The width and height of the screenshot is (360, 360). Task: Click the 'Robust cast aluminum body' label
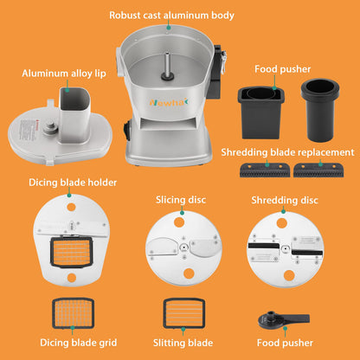[171, 16]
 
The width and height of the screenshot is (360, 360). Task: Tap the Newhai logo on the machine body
[169, 102]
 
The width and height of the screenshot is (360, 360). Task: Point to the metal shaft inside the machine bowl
[167, 65]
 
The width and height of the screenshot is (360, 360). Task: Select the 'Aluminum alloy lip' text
[64, 74]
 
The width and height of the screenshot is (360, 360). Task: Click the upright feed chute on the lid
[74, 115]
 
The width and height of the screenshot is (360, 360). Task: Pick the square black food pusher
[261, 112]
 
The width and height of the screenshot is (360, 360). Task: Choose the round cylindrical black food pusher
[320, 110]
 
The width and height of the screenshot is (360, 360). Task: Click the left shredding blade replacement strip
[265, 170]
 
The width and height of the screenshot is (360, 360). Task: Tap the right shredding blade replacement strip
[318, 170]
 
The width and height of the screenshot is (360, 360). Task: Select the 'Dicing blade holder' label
[73, 183]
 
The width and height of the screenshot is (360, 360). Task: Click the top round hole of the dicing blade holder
[71, 207]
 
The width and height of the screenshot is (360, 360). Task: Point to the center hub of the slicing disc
[183, 247]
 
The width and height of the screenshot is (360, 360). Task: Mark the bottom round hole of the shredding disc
[289, 275]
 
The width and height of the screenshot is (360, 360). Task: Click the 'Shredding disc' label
[285, 200]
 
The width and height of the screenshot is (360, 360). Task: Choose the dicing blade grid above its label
[74, 313]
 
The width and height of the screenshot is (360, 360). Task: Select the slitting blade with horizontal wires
[184, 313]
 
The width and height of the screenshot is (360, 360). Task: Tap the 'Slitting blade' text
[183, 343]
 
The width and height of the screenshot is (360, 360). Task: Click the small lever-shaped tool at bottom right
[283, 320]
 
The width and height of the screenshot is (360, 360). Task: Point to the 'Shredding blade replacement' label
[287, 152]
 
